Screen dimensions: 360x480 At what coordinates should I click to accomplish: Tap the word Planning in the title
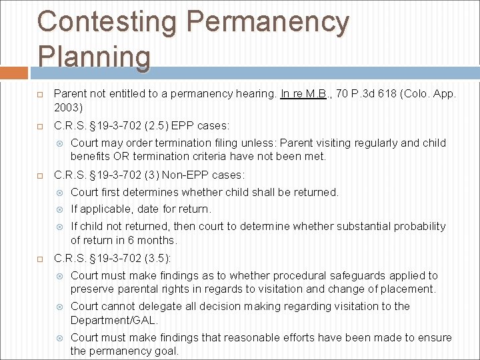pyautogui.click(x=94, y=56)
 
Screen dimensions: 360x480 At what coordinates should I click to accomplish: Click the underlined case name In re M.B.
pyautogui.click(x=303, y=94)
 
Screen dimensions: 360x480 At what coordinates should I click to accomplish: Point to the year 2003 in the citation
pyautogui.click(x=67, y=107)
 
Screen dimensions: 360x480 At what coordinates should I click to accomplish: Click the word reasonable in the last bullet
pyautogui.click(x=253, y=338)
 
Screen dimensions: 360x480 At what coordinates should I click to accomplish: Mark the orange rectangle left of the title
pyautogui.click(x=14, y=73)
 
